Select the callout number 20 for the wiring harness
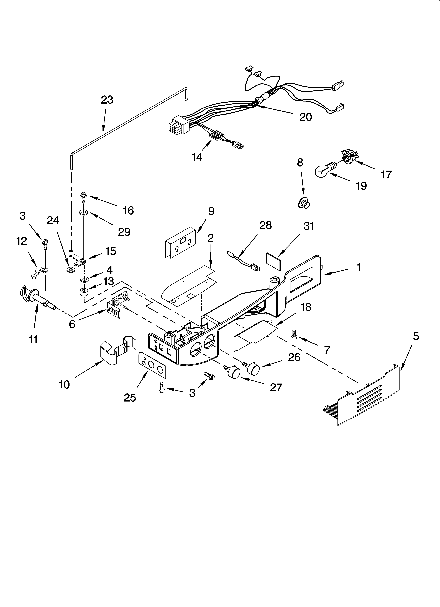305,117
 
